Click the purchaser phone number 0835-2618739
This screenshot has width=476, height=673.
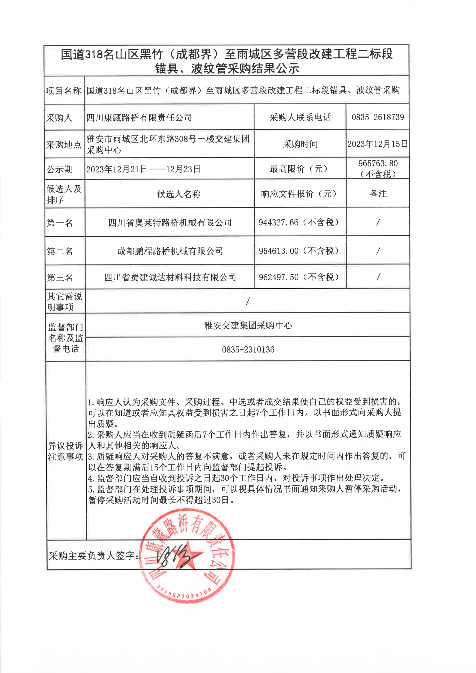(x=378, y=117)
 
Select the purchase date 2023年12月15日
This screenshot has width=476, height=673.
(x=378, y=144)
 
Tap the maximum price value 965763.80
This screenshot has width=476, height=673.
(x=378, y=164)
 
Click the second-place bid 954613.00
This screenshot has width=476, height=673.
(x=279, y=251)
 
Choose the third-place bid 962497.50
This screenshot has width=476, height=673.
(x=279, y=277)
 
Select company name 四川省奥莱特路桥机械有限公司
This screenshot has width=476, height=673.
(x=170, y=223)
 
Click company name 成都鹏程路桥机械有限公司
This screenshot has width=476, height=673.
(x=170, y=251)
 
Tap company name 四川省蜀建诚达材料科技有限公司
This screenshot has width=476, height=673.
(x=170, y=277)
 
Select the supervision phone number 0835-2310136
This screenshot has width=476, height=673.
(x=248, y=350)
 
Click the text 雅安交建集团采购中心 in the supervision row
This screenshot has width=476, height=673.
(x=248, y=325)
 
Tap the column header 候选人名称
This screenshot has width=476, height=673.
(x=178, y=194)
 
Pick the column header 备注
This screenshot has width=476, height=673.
(x=378, y=194)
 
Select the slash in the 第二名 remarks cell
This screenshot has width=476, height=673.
(x=378, y=251)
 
